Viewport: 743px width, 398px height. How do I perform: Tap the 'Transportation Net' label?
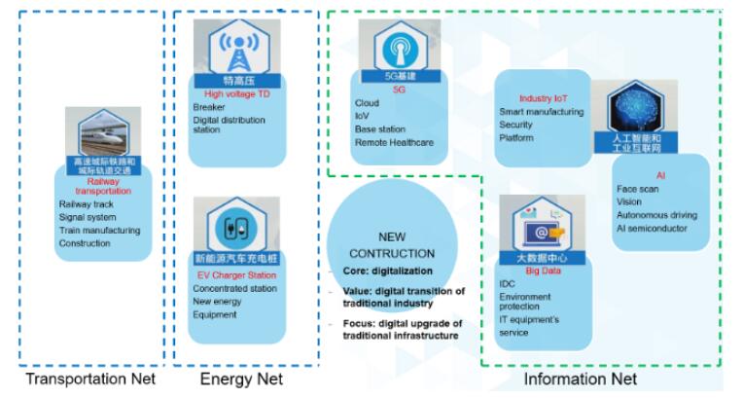click(x=88, y=379)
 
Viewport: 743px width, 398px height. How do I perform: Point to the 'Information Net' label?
click(x=581, y=379)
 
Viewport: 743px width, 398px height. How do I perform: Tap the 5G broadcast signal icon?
click(x=400, y=48)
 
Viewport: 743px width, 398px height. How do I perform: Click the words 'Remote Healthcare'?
click(x=395, y=143)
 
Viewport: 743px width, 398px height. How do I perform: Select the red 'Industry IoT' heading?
click(x=542, y=99)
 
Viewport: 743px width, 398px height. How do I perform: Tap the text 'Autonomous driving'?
click(x=655, y=215)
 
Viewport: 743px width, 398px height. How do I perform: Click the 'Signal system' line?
click(x=88, y=217)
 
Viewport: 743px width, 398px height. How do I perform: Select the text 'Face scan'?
click(x=637, y=189)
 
